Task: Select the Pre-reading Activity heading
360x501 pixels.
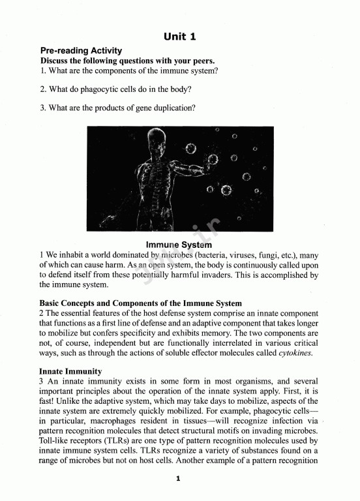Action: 81,51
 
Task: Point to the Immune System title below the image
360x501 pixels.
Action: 179,245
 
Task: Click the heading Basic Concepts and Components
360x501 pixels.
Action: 140,303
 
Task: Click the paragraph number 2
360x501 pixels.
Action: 42,314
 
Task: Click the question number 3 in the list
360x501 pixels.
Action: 42,108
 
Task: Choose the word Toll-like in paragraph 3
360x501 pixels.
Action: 54,440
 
